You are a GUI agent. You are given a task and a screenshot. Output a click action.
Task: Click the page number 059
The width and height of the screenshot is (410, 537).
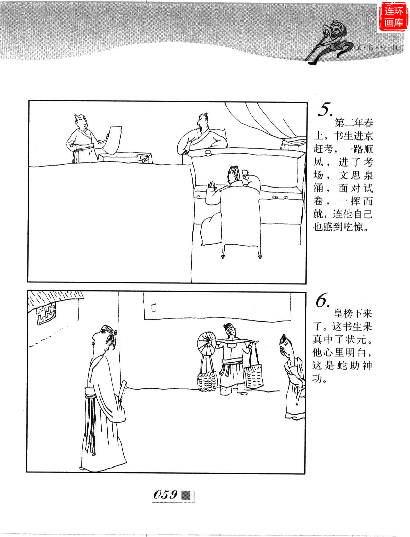[165, 494]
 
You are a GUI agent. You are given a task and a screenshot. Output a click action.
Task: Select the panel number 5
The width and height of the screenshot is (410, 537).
[325, 110]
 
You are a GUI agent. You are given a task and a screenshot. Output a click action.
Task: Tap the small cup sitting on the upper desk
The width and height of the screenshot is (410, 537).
[208, 153]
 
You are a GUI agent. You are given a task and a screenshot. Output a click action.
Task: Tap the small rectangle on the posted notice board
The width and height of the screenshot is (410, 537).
[154, 308]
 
